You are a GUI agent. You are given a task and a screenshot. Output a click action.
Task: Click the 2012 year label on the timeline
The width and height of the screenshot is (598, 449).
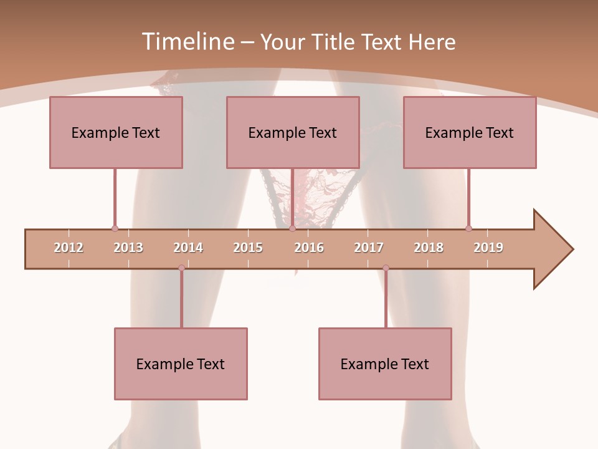(x=69, y=248)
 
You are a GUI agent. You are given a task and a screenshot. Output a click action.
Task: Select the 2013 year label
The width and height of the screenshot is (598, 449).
(x=128, y=248)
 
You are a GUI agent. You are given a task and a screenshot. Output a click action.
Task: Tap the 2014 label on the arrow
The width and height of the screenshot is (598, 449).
(x=188, y=248)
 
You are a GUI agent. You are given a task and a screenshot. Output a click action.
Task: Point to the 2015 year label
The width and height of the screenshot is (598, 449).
(x=248, y=248)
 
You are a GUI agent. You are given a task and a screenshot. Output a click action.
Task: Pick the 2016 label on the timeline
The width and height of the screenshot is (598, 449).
(x=309, y=248)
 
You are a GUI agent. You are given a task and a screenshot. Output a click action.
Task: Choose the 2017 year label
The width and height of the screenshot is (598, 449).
(x=369, y=248)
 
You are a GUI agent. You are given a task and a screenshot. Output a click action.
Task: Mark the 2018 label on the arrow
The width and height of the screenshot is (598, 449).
(x=429, y=248)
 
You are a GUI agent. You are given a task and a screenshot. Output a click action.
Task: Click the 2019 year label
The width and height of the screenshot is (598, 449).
(x=488, y=248)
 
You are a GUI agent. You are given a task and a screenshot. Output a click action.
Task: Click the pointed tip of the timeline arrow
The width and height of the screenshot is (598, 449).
(x=571, y=249)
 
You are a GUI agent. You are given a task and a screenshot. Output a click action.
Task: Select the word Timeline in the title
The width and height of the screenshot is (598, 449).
(x=186, y=42)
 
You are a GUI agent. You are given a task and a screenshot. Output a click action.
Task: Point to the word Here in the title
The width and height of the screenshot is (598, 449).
(x=432, y=42)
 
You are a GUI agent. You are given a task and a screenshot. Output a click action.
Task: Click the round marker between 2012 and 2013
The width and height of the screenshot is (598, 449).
(x=115, y=229)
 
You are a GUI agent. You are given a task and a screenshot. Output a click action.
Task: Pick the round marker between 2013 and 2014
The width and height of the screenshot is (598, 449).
(x=181, y=268)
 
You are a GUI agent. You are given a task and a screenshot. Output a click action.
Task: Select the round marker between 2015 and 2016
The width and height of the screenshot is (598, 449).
(x=292, y=229)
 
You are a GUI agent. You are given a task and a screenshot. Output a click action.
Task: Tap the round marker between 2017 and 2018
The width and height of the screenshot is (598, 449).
(x=386, y=268)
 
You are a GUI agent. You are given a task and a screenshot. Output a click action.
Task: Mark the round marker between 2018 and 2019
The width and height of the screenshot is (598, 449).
(x=468, y=229)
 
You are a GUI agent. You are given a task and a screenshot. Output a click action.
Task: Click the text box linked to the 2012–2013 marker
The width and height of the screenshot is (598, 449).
(x=116, y=132)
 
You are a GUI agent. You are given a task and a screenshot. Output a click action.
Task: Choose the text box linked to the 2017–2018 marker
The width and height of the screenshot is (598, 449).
(x=385, y=364)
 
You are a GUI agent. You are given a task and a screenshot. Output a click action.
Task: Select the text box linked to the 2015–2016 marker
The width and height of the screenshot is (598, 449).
(x=293, y=132)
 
